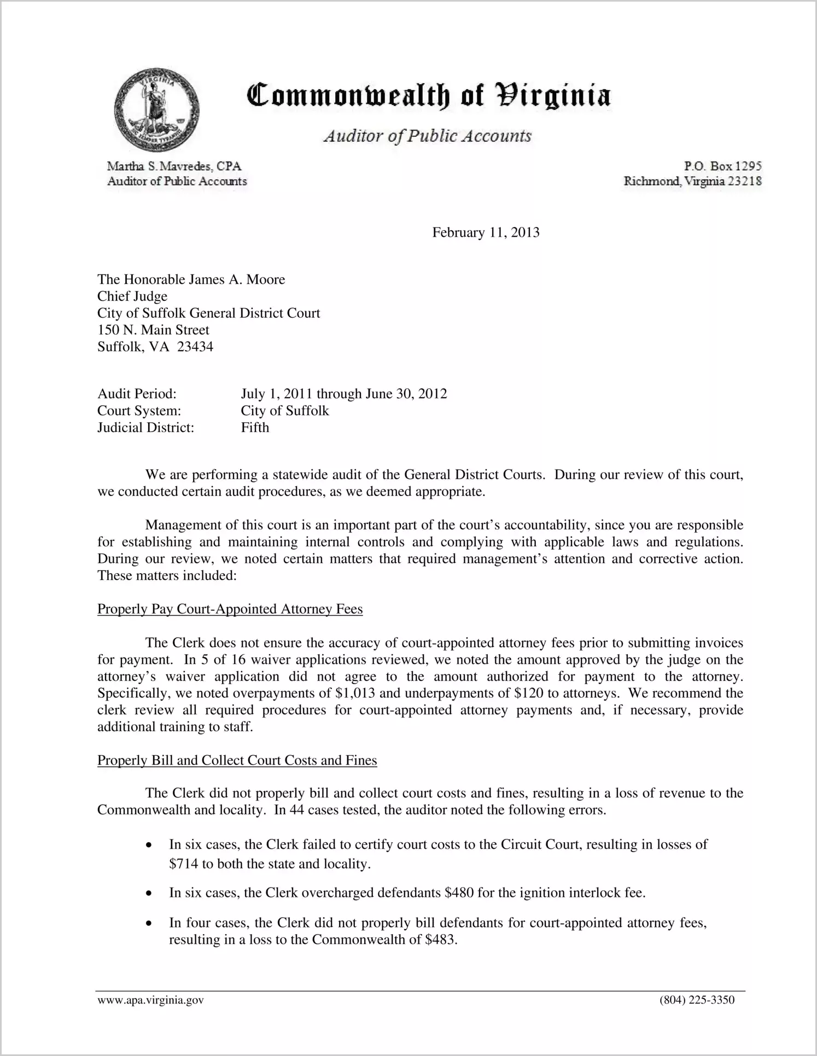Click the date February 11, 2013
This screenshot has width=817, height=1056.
pos(486,232)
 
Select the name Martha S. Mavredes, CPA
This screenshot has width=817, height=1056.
pos(174,166)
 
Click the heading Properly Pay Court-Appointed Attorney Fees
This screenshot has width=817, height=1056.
pos(230,609)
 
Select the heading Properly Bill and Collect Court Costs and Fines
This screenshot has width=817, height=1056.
pos(237,761)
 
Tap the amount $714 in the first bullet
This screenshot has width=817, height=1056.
pos(181,864)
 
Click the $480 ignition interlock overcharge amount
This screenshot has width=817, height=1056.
pos(458,893)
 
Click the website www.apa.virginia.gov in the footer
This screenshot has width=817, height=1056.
pos(150,1000)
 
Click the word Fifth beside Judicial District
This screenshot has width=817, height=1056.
pos(255,428)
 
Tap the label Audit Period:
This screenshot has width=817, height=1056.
pos(137,394)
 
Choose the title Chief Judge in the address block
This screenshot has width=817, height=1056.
pos(132,296)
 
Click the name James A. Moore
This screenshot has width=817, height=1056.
pos(237,279)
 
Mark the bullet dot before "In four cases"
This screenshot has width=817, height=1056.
pos(149,924)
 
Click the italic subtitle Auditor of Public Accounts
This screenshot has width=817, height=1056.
pos(427,136)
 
